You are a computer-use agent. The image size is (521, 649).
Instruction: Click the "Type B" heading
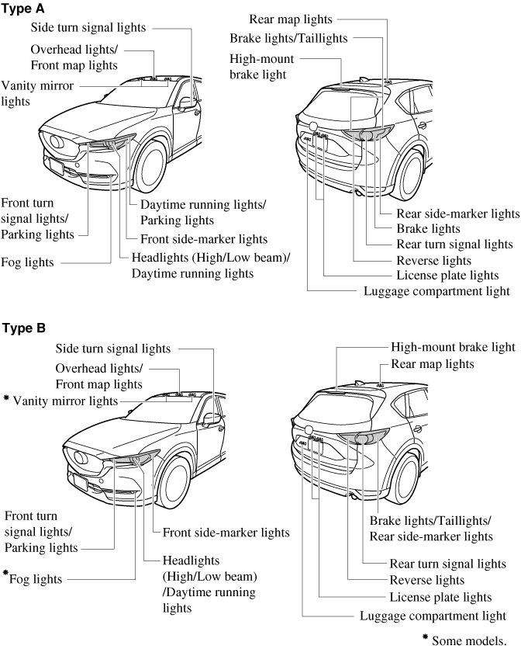click(24, 328)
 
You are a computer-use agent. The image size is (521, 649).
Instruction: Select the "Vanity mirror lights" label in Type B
click(63, 401)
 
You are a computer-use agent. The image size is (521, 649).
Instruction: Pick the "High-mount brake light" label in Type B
click(453, 347)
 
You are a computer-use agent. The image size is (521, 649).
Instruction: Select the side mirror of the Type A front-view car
click(187, 102)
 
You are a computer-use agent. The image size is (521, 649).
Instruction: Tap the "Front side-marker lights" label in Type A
click(204, 239)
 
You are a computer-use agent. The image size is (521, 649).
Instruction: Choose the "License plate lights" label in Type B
click(440, 597)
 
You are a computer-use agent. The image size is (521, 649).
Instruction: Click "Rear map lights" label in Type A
click(291, 18)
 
